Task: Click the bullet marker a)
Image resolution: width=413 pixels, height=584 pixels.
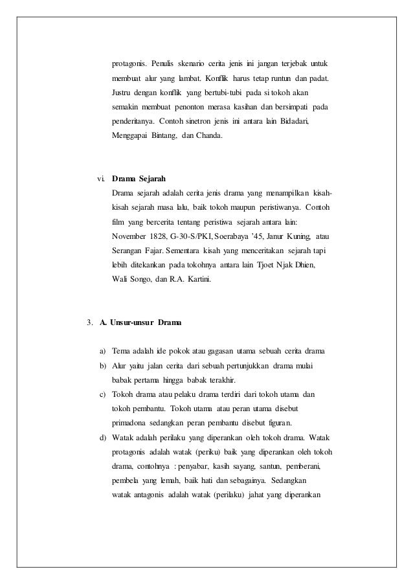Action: coord(102,352)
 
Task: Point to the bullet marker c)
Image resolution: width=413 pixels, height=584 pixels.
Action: coord(102,394)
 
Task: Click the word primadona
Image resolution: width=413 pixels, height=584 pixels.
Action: coord(131,423)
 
